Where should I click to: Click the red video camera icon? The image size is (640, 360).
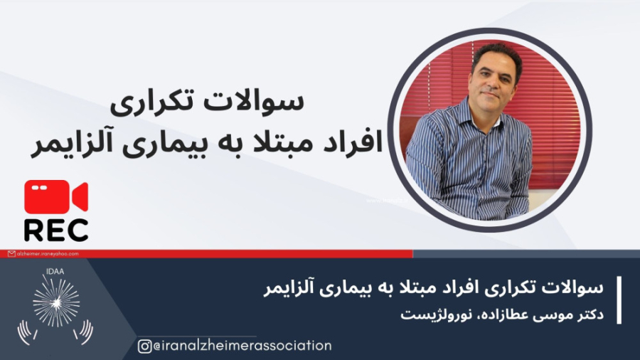pyautogui.click(x=56, y=197)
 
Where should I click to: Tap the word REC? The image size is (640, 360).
pyautogui.click(x=56, y=230)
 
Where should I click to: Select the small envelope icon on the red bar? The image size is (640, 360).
pyautogui.click(x=12, y=254)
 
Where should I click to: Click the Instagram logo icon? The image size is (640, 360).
pyautogui.click(x=144, y=346)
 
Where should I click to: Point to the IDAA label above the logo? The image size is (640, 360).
pyautogui.click(x=55, y=272)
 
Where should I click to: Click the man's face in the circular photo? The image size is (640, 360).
pyautogui.click(x=493, y=78)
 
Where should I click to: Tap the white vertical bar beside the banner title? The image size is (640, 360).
pyautogui.click(x=619, y=300)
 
